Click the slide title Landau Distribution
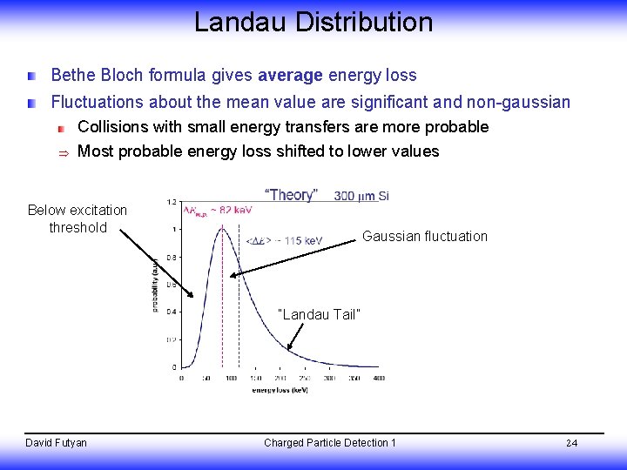pos(313,22)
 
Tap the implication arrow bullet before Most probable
pos(62,152)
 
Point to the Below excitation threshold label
pos(78,218)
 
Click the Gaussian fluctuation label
pos(424,237)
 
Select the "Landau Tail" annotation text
pos(318,314)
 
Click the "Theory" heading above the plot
pos(291,195)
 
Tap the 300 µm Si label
pos(361,196)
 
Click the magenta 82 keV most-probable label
pos(217,210)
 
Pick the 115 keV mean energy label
pos(284,240)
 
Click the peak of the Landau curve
pos(223,227)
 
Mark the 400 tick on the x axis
pos(378,379)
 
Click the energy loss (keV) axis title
pos(278,390)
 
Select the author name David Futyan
pos(57,443)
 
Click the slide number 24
pos(571,443)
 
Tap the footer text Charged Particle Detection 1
pos(329,443)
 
